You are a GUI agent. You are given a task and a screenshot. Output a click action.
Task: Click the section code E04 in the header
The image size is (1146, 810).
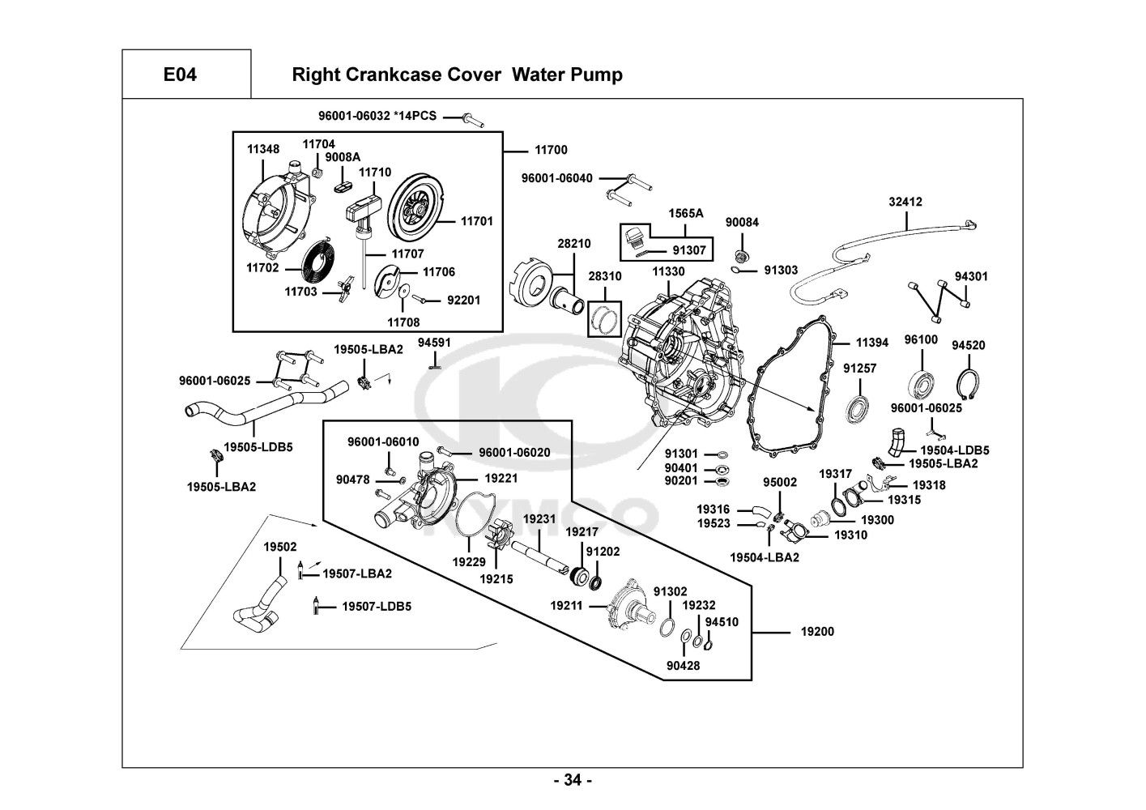180,75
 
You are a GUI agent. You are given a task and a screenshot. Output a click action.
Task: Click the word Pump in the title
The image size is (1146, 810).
598,75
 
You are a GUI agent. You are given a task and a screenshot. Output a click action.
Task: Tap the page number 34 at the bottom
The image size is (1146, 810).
573,781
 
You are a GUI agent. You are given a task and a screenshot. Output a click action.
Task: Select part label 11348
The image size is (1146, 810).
263,150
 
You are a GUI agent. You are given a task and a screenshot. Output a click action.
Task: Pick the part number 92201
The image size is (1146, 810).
463,301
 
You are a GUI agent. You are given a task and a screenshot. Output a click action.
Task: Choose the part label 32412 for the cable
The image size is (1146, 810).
905,202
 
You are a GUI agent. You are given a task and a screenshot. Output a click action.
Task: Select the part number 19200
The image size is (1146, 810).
817,632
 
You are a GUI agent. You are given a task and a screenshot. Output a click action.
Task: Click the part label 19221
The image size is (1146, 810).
501,479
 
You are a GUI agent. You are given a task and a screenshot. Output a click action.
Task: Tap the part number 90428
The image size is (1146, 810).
683,666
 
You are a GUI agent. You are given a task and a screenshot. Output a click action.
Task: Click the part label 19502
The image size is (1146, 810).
279,547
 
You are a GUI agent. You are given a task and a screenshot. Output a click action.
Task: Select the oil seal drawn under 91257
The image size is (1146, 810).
858,408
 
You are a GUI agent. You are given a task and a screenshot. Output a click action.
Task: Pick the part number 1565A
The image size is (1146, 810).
685,213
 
